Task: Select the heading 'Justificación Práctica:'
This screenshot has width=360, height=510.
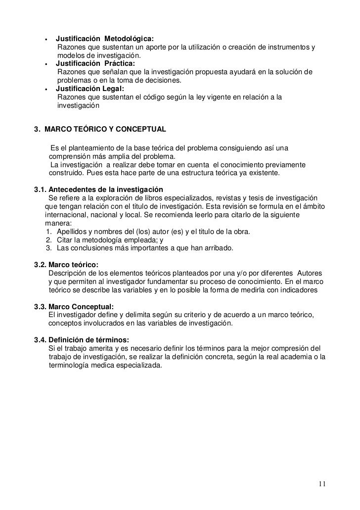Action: coord(94,64)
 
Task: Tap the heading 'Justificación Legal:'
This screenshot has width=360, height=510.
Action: coord(90,89)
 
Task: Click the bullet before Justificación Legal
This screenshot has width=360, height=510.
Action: coord(46,90)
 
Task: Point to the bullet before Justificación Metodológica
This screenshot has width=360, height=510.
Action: coord(46,40)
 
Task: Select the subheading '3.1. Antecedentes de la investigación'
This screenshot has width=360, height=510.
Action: coord(98,190)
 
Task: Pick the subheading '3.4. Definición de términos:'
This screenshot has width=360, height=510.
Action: coord(82,340)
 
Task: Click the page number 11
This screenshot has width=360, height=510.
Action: coord(322,484)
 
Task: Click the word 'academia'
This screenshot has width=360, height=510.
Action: coord(298,358)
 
